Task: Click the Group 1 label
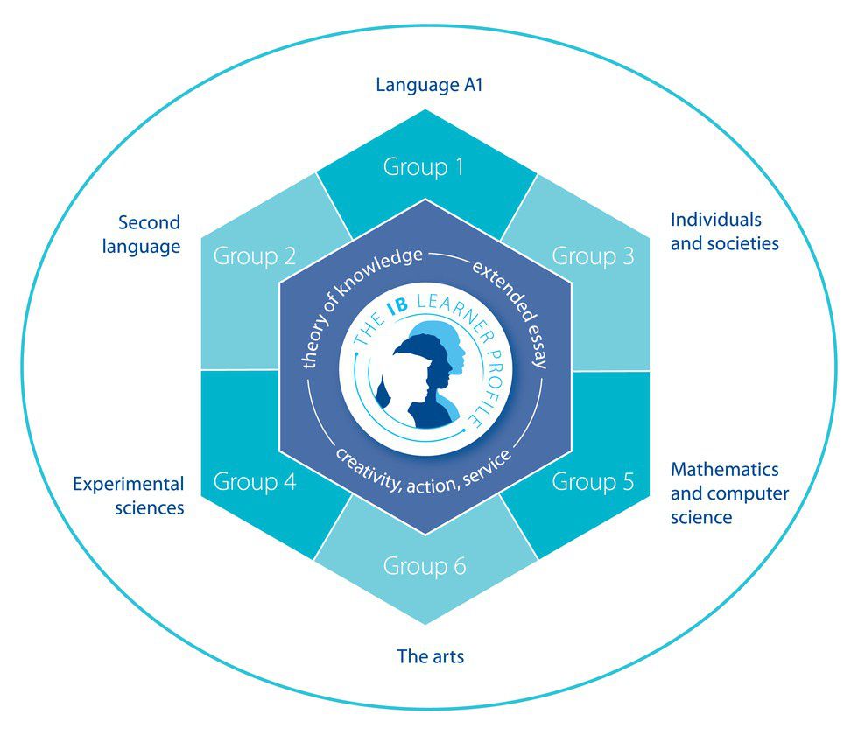tap(424, 166)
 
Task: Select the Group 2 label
tap(254, 257)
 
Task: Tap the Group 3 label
tap(593, 257)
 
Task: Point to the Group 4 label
tap(254, 482)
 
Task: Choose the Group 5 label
tap(593, 482)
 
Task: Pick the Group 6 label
tap(424, 567)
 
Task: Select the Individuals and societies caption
tap(724, 231)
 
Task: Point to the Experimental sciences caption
tap(129, 495)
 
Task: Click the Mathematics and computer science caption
tap(728, 493)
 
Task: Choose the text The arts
tap(430, 655)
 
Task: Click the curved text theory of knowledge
tap(350, 297)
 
